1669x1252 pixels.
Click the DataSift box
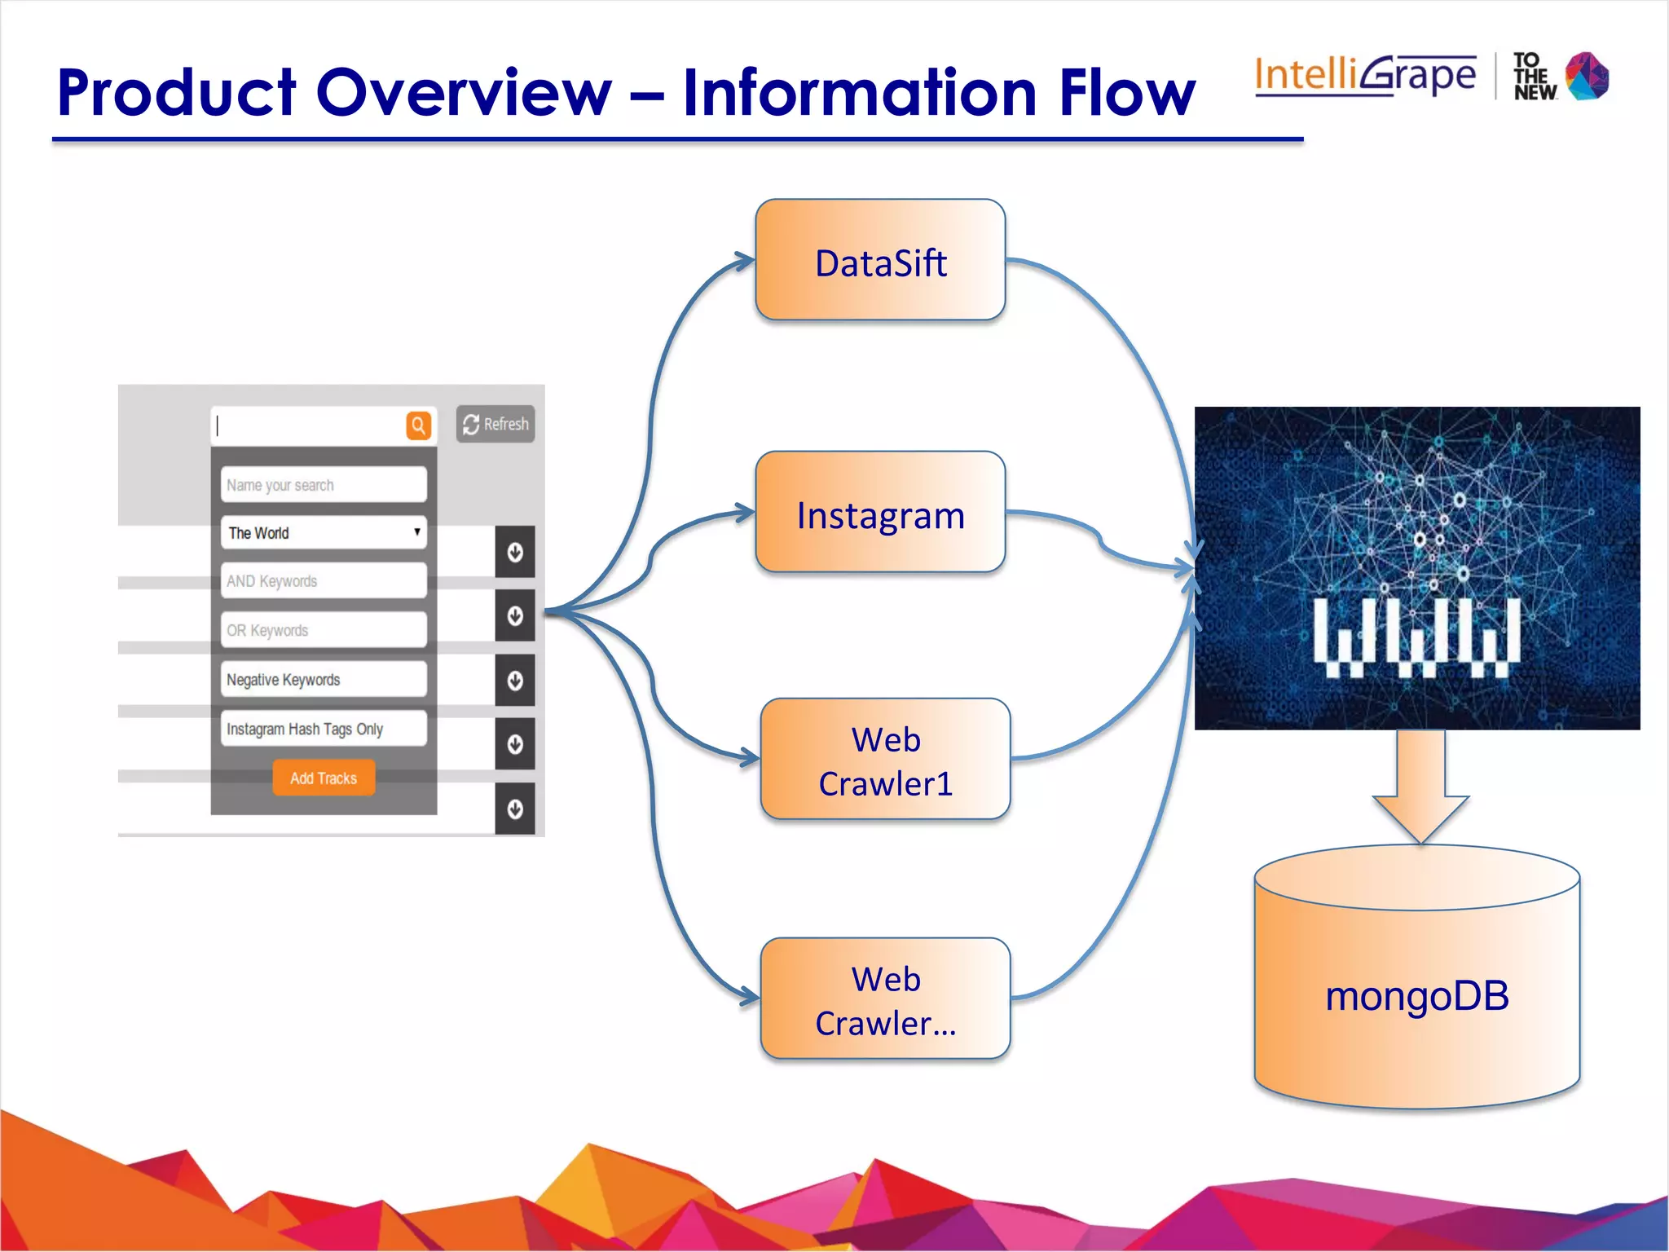click(880, 261)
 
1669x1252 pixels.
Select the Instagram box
click(880, 514)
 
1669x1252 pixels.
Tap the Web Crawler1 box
click(885, 760)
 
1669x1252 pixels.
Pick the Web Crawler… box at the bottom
click(885, 1000)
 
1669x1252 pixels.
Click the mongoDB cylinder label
click(1417, 996)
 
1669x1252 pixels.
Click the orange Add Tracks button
click(324, 778)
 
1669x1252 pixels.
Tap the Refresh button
click(495, 424)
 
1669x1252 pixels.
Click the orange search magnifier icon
click(418, 425)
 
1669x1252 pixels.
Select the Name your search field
click(323, 485)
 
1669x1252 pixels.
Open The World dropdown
click(323, 533)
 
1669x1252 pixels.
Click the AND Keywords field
click(323, 581)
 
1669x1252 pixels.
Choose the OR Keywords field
click(323, 630)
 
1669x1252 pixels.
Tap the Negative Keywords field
click(323, 680)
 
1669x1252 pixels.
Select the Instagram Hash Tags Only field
click(323, 729)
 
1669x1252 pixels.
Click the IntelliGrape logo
click(1365, 76)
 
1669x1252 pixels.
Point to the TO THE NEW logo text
click(1535, 77)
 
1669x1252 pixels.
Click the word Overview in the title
click(463, 93)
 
